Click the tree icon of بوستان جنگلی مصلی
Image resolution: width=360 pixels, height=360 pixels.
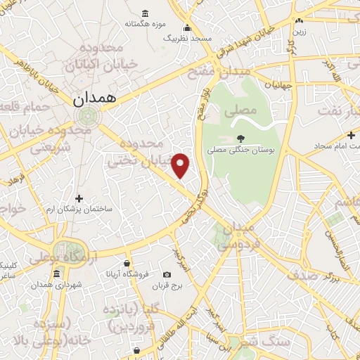(x=241, y=139)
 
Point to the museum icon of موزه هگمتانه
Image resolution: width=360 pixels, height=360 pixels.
(x=145, y=13)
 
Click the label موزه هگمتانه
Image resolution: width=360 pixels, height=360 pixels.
(x=145, y=24)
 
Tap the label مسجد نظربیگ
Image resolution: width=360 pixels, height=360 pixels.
(x=187, y=37)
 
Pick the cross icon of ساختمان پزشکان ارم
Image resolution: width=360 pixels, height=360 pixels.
(x=79, y=199)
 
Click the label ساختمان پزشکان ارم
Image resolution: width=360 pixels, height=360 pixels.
(x=79, y=210)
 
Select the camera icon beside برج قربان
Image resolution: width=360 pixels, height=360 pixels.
(x=167, y=274)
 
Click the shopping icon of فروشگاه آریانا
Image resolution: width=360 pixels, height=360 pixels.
(x=127, y=262)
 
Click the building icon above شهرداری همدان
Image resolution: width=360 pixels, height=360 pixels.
(x=36, y=285)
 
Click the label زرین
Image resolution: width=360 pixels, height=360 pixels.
(x=301, y=32)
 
